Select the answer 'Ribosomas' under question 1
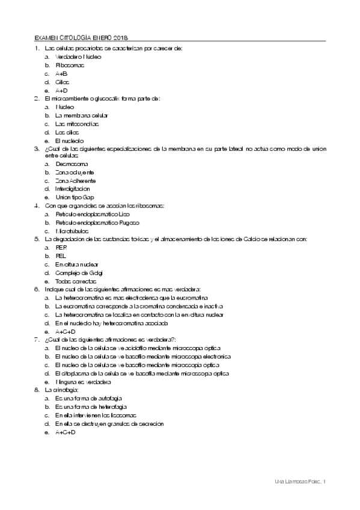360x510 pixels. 70,64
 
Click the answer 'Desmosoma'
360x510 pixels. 72,164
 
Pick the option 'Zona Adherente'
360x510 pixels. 75,180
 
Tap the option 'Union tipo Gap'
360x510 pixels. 75,197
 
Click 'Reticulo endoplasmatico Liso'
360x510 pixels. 92,214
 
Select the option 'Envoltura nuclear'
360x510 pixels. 76,264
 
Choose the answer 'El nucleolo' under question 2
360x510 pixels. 69,140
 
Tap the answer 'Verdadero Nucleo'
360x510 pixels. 78,56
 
